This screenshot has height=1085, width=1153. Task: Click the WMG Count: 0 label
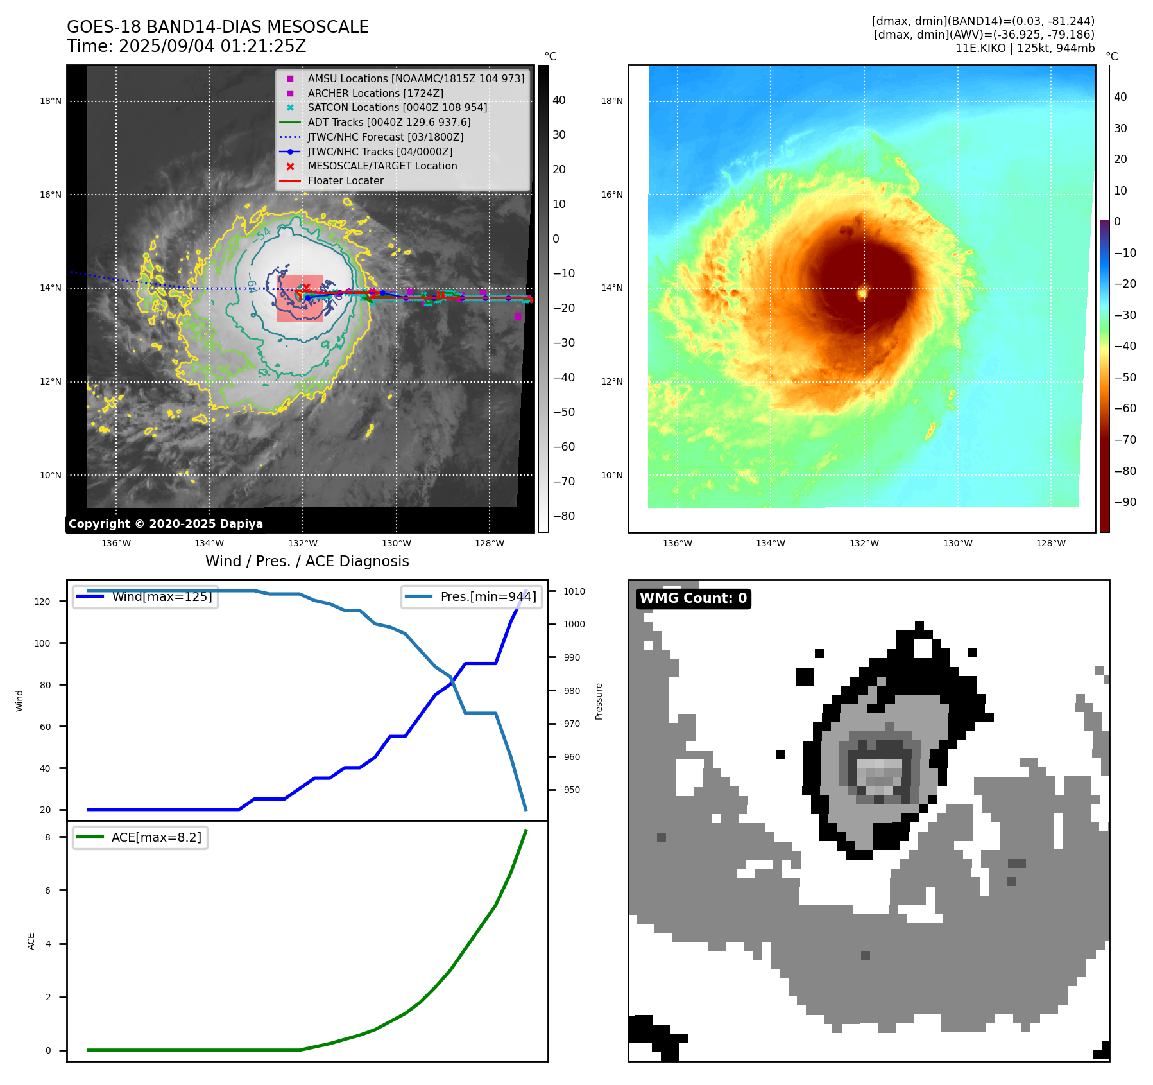[x=693, y=598]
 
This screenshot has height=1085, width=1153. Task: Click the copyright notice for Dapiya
[x=166, y=524]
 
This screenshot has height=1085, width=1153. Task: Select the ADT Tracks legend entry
[x=389, y=122]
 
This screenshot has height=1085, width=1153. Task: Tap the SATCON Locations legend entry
[x=397, y=107]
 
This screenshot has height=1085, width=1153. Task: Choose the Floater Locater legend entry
[x=345, y=180]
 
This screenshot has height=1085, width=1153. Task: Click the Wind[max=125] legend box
[x=145, y=596]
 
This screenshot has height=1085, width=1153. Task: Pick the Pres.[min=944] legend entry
[x=472, y=596]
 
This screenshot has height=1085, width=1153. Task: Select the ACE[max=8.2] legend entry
[x=140, y=837]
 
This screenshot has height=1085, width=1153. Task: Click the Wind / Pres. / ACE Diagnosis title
[x=307, y=561]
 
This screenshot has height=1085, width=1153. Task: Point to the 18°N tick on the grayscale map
[x=51, y=101]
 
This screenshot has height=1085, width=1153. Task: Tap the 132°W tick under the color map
[x=864, y=543]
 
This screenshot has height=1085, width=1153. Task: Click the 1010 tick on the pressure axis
[x=574, y=591]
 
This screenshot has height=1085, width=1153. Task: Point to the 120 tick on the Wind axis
[x=42, y=602]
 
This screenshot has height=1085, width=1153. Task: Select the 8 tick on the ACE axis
[x=47, y=837]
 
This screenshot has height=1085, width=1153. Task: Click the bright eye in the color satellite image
[x=862, y=293]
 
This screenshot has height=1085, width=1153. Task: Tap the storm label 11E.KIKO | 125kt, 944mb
[x=1025, y=48]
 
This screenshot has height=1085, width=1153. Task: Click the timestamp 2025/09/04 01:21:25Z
[x=212, y=47]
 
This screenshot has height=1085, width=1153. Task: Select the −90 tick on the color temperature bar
[x=1125, y=502]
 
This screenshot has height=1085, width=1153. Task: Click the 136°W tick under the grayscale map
[x=116, y=543]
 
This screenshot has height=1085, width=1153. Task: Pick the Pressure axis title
[x=599, y=701]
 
